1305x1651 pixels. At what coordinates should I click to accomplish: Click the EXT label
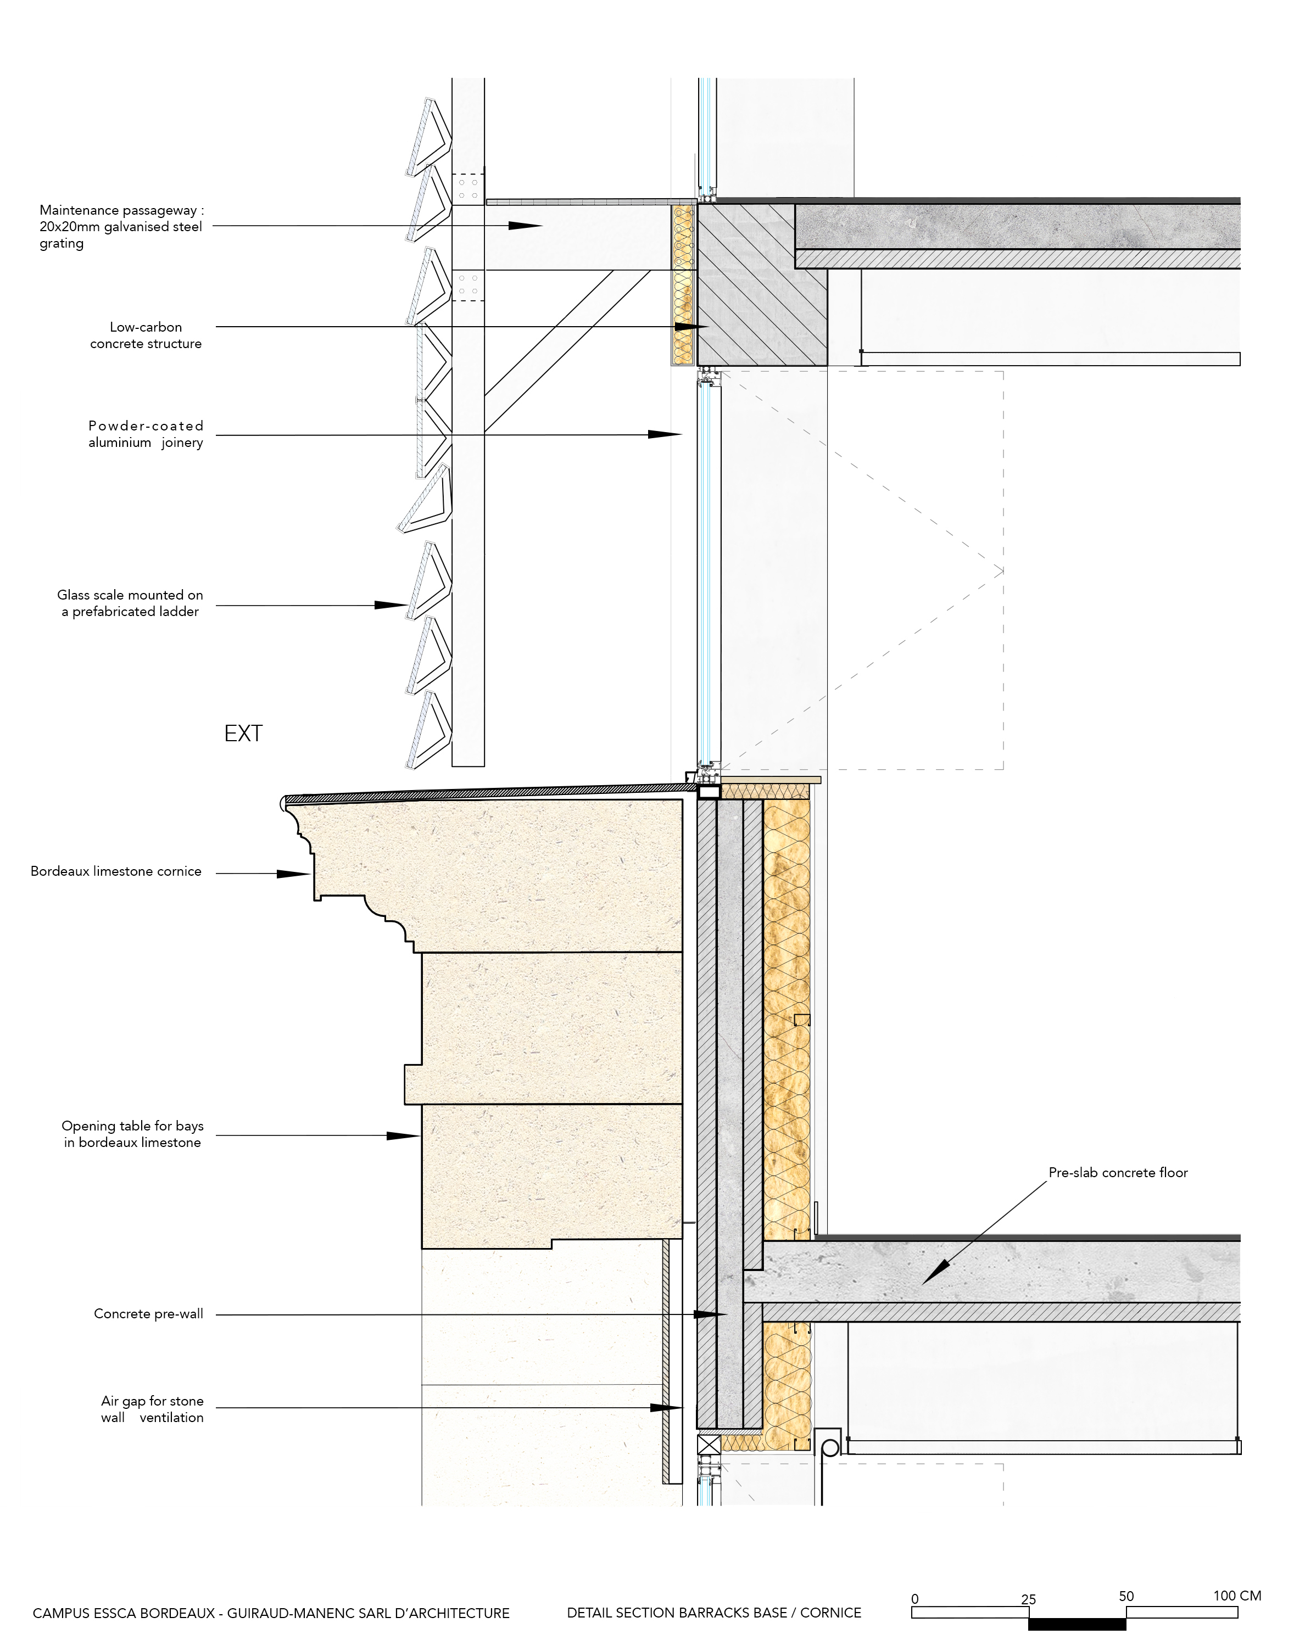point(243,734)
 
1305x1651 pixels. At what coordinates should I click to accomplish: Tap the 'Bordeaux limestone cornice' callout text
point(116,871)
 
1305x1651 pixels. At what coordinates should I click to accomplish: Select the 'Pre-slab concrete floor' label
point(1118,1172)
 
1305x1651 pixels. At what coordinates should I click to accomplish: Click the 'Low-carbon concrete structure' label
point(146,335)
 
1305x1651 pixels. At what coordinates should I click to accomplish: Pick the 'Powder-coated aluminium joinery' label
point(146,434)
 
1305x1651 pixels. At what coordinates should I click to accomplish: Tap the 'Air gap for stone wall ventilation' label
point(152,1409)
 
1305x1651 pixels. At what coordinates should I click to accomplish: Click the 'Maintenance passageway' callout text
point(121,226)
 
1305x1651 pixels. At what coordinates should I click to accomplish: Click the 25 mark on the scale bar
point(1028,1598)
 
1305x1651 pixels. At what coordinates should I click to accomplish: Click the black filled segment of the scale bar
point(1077,1624)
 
